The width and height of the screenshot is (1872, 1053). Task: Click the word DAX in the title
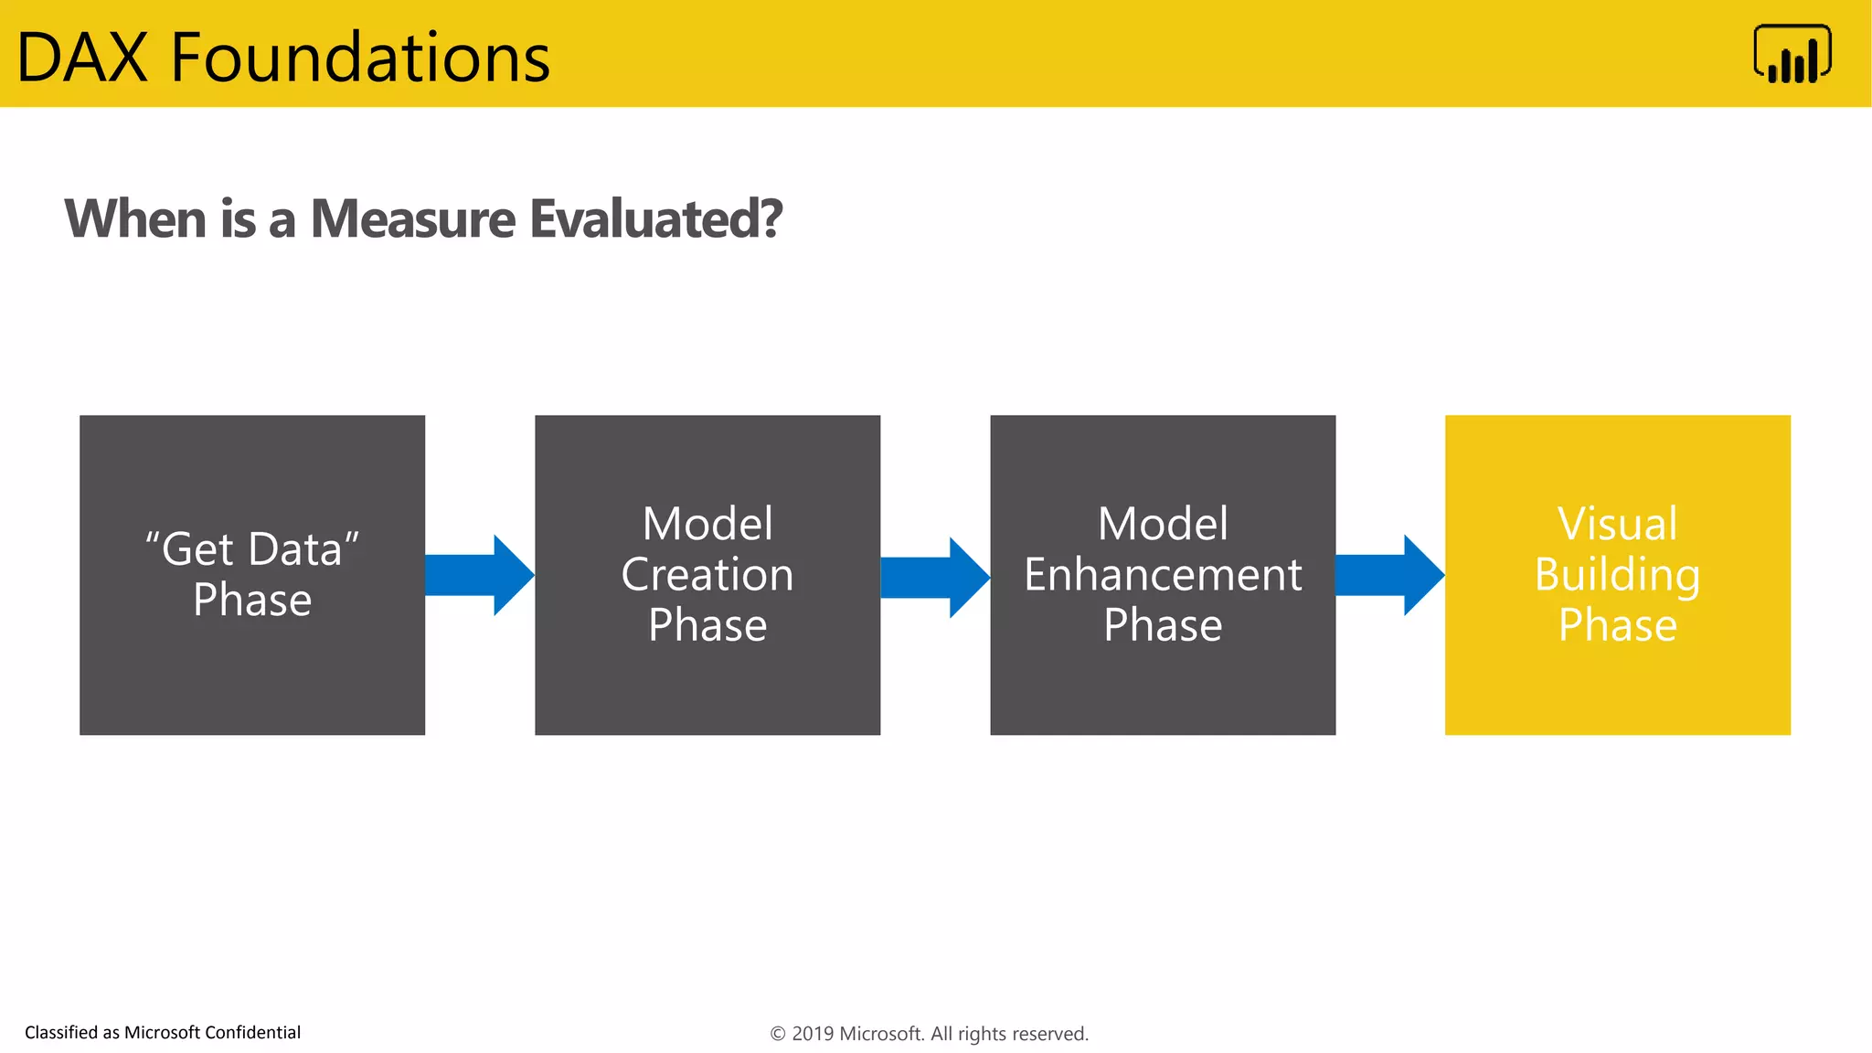point(82,58)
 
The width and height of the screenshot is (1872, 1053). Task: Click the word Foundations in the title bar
point(360,58)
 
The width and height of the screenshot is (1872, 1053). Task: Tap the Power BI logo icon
point(1792,54)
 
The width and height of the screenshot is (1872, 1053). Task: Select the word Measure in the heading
point(413,219)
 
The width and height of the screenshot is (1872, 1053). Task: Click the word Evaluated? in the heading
point(655,219)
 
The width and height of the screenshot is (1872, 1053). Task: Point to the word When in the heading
point(135,219)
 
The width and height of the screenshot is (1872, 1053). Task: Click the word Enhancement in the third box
point(1163,575)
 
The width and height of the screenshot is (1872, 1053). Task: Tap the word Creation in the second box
point(707,575)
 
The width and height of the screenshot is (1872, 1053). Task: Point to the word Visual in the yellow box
point(1617,525)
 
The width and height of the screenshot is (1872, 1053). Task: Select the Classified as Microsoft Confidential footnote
point(163,1033)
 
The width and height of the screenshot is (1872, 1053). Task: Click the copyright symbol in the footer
point(778,1034)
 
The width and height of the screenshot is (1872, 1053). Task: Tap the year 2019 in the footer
point(812,1034)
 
